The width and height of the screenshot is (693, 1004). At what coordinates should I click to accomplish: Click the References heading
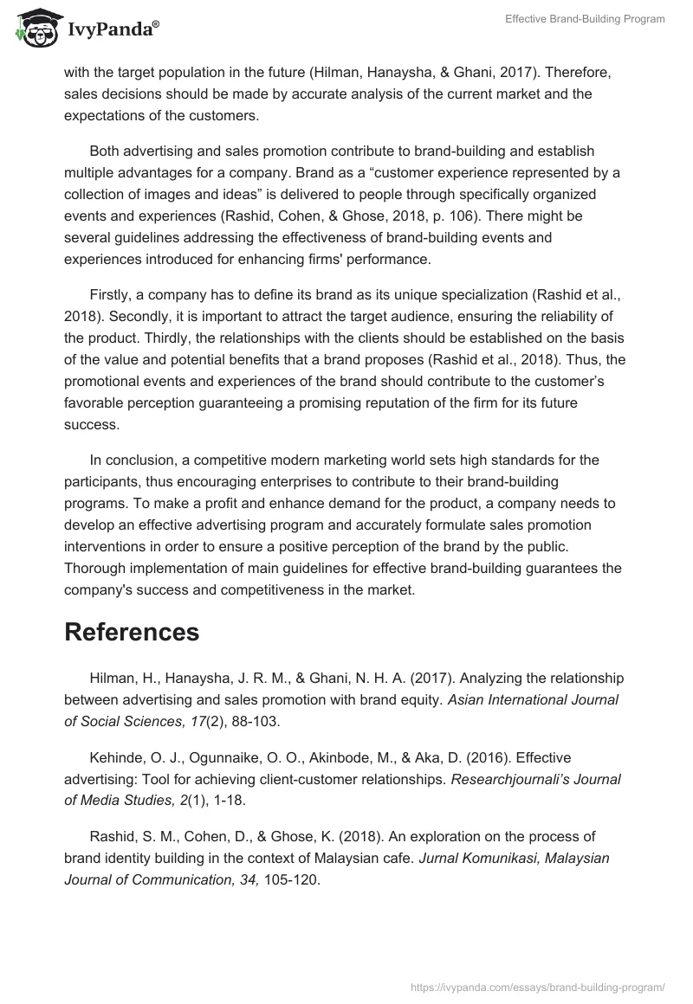pos(132,632)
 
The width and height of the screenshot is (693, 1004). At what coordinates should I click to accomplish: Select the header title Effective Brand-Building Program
pos(585,20)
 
